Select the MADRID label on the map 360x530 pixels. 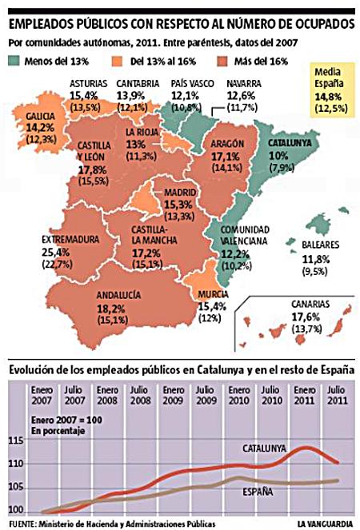pyautogui.click(x=179, y=193)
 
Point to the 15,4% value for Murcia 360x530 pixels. pyautogui.click(x=211, y=306)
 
